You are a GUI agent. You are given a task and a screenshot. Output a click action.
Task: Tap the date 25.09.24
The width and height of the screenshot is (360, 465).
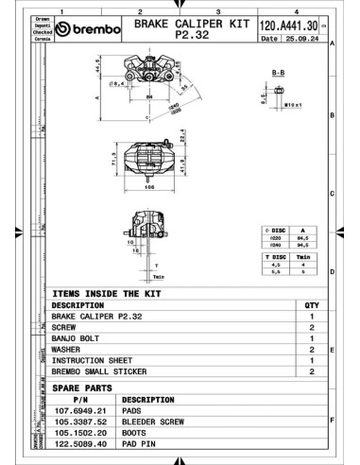pyautogui.click(x=301, y=39)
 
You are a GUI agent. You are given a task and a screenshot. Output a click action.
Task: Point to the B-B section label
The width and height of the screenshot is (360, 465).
pyautogui.click(x=279, y=71)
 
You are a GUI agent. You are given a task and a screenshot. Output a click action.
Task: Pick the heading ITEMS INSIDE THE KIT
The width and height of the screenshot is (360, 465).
pyautogui.click(x=113, y=293)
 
